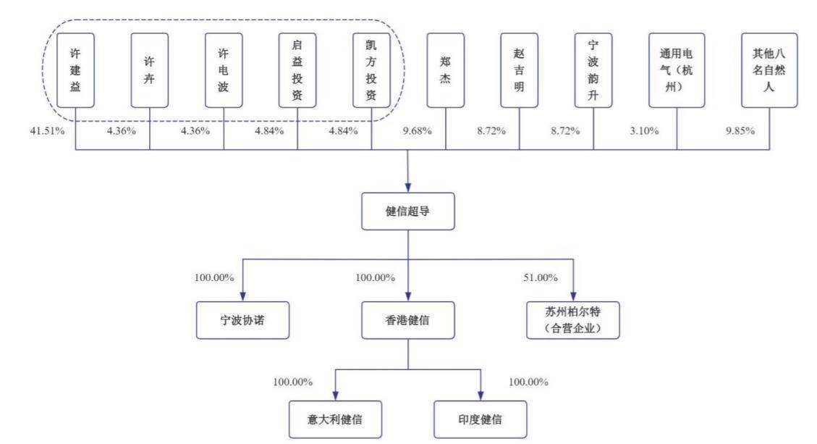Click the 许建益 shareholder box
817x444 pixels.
[x=75, y=70]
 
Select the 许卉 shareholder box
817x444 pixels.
[x=150, y=70]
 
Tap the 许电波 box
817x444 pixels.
[x=224, y=70]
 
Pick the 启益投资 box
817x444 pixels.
[x=297, y=70]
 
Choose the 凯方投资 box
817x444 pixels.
[x=371, y=70]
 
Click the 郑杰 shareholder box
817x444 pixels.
[x=446, y=70]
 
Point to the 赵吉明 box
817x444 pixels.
[x=520, y=70]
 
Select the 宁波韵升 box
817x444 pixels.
[x=593, y=70]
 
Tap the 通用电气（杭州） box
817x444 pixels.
[x=677, y=70]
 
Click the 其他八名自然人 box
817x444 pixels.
[x=769, y=70]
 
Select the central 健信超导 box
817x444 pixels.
[x=408, y=211]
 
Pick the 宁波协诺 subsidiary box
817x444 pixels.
[x=243, y=320]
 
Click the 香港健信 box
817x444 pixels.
[x=408, y=320]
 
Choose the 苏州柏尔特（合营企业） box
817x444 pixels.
[x=573, y=320]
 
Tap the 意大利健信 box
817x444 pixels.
[x=336, y=419]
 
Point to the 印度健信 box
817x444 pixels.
[x=481, y=419]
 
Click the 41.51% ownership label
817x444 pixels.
[x=48, y=131]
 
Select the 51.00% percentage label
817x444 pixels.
[x=541, y=277]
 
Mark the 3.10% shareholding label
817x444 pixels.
[x=644, y=131]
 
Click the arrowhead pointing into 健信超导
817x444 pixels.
[x=408, y=188]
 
